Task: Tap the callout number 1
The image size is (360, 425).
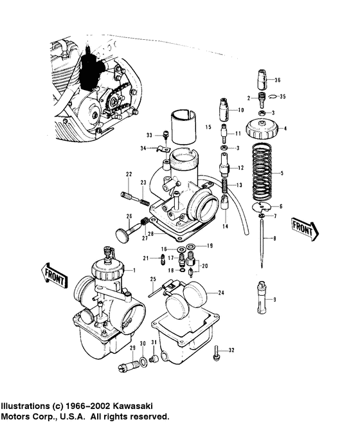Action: coord(134,271)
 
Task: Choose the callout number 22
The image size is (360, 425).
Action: coord(129,175)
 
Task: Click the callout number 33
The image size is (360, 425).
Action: coord(148,136)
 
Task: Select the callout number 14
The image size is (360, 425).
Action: coord(225,228)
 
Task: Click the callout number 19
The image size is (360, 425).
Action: coord(209,246)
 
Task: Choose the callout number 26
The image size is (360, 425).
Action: coord(129,215)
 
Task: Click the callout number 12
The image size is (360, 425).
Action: coord(240,167)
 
